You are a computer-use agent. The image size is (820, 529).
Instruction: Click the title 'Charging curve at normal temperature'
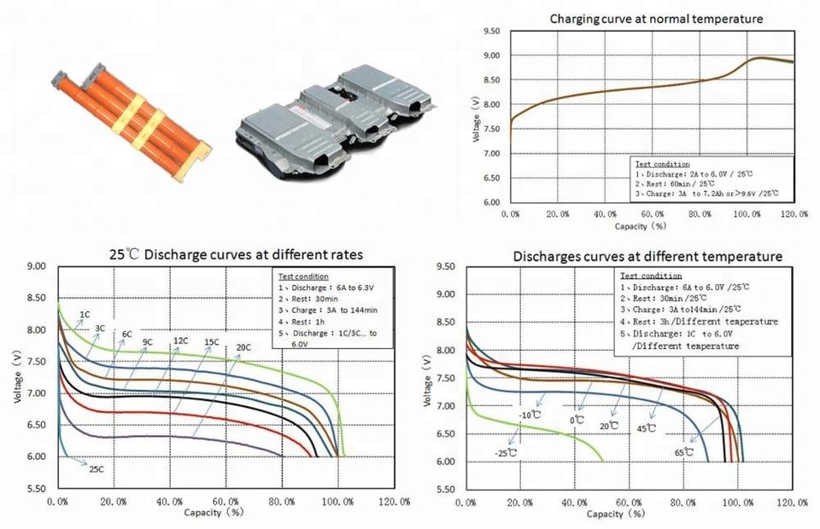(x=656, y=18)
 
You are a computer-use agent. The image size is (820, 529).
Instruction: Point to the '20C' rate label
(x=243, y=347)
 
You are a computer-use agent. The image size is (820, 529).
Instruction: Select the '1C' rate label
(x=85, y=315)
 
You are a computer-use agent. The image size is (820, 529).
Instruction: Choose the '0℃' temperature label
(x=578, y=420)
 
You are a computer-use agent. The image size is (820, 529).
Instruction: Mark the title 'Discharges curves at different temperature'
(x=647, y=256)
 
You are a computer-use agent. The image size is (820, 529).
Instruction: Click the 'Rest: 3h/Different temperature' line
(x=699, y=322)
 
